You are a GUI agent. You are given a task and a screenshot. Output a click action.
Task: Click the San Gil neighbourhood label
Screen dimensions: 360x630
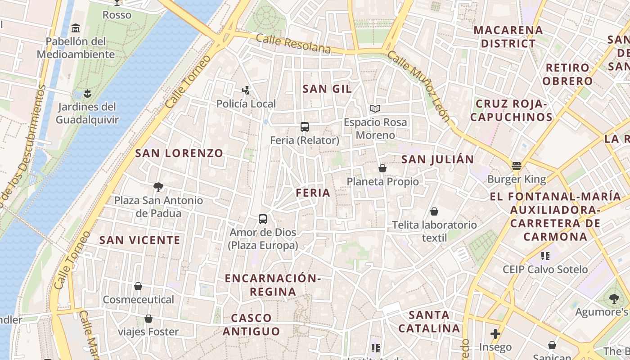click(x=327, y=89)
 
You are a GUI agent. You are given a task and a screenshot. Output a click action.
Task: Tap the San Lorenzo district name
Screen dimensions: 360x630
click(x=179, y=153)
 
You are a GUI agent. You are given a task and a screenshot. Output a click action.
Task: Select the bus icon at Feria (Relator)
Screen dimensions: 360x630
click(x=305, y=127)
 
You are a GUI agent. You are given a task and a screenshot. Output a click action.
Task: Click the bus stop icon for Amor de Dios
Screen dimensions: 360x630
click(x=263, y=219)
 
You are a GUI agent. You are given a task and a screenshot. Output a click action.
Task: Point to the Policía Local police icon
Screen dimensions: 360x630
click(x=246, y=90)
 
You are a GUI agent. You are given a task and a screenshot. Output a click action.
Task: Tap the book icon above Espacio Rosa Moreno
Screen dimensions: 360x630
click(x=375, y=108)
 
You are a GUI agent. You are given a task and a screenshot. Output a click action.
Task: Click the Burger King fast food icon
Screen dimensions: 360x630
click(x=516, y=166)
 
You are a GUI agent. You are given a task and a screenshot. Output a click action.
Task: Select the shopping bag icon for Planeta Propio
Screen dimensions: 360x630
click(x=382, y=168)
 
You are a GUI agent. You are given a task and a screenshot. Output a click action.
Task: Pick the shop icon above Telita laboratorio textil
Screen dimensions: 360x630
click(x=434, y=211)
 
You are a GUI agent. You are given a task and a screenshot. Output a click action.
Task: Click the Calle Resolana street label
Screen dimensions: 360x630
click(x=293, y=44)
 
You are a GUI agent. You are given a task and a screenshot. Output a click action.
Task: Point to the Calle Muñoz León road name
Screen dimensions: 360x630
click(x=418, y=85)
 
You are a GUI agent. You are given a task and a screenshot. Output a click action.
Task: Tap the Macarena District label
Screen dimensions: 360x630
click(x=508, y=37)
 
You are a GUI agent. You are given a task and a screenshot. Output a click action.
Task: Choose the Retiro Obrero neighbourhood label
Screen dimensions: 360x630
click(x=567, y=74)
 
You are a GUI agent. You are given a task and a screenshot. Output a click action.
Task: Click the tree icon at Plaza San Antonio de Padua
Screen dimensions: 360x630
click(x=158, y=187)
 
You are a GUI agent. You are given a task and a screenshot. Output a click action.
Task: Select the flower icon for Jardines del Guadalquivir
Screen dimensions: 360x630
click(x=87, y=93)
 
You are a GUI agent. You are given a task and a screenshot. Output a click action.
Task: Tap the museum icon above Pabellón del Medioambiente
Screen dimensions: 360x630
click(x=76, y=28)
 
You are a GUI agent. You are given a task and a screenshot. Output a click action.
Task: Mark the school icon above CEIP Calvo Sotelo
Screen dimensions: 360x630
click(x=545, y=256)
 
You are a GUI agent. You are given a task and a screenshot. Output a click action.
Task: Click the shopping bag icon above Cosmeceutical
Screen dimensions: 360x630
click(x=138, y=286)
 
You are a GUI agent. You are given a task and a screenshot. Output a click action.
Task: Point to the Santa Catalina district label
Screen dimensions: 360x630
click(x=429, y=321)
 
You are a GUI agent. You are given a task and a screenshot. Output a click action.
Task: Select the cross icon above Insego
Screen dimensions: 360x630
click(x=495, y=333)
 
